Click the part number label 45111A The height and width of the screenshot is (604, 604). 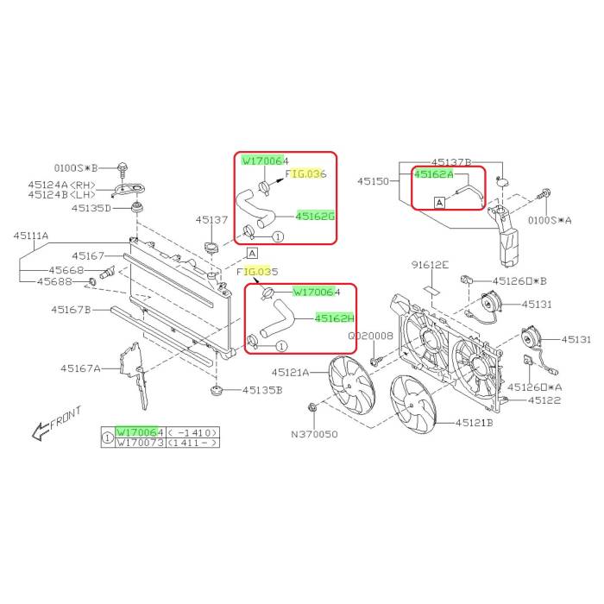coord(31,235)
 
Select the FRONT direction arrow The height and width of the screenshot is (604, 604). coord(40,431)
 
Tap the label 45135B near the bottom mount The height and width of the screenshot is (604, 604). coord(262,390)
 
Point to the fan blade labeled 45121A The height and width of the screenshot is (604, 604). coord(351,385)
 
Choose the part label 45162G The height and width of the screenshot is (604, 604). coord(315,217)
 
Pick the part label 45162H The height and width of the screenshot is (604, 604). coord(335,318)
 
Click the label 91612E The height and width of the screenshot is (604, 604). coord(430,265)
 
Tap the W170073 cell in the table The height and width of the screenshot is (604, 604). coord(141,443)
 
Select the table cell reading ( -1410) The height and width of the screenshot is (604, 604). coord(193,432)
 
